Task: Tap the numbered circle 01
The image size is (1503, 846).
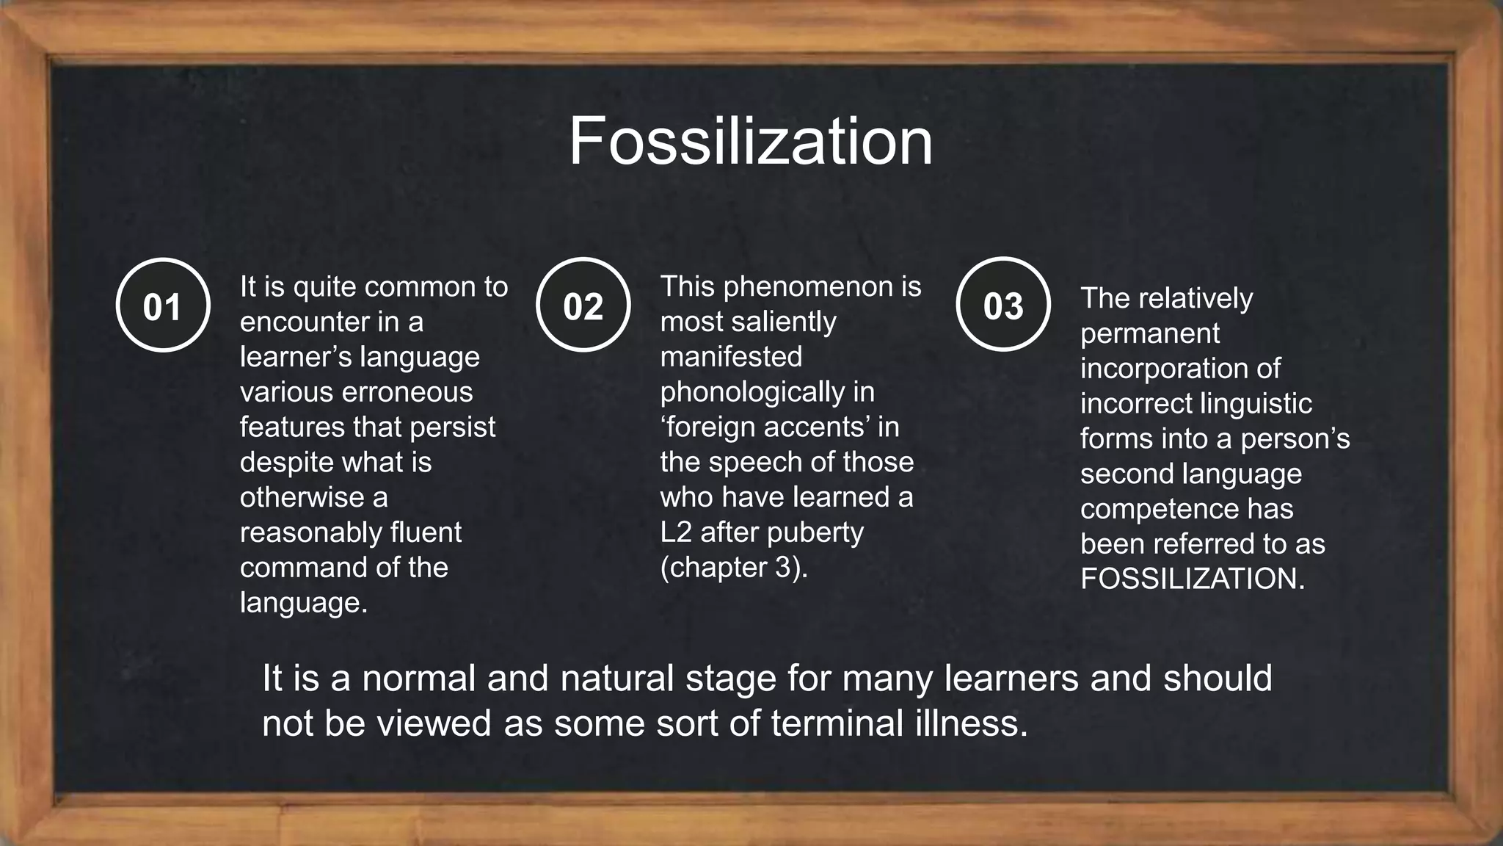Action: click(x=163, y=305)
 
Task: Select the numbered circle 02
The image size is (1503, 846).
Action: click(x=583, y=305)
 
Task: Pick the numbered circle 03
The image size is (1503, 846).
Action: click(x=1002, y=305)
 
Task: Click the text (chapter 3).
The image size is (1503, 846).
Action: click(x=733, y=567)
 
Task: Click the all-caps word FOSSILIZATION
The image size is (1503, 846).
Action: click(x=1192, y=579)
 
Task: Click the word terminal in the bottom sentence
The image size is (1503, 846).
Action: click(x=837, y=723)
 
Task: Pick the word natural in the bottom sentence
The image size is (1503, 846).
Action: click(x=616, y=677)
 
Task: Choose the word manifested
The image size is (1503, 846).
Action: click(x=731, y=357)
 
